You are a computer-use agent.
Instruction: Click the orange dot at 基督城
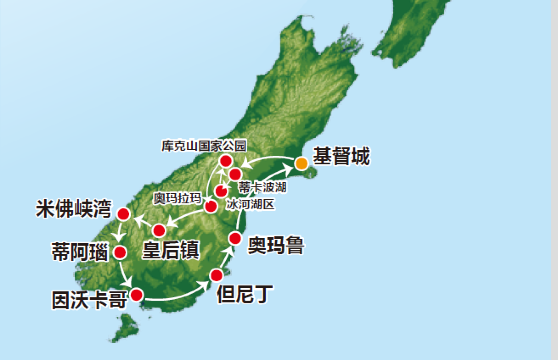(300, 163)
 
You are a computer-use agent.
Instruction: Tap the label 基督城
(342, 157)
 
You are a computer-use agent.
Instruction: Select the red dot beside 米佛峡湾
(123, 214)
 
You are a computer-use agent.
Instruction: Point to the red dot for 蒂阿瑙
(120, 251)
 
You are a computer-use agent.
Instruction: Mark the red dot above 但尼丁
(216, 275)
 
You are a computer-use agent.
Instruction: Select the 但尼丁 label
(244, 294)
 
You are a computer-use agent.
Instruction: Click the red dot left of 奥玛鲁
(236, 238)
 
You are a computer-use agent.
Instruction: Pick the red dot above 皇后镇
(159, 230)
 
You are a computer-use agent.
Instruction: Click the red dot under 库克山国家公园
(226, 161)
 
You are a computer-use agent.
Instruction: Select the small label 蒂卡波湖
(263, 187)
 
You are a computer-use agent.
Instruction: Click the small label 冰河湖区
(250, 203)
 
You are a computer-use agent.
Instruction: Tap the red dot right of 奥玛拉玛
(211, 206)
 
